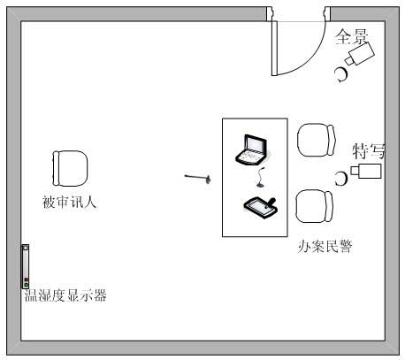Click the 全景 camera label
pyautogui.click(x=352, y=37)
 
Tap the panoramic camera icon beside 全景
pyautogui.click(x=360, y=54)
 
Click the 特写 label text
pyautogui.click(x=369, y=151)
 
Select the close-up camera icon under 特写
pyautogui.click(x=366, y=171)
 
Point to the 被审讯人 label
pyautogui.click(x=69, y=203)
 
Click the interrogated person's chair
pyautogui.click(x=70, y=169)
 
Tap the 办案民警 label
pyautogui.click(x=325, y=246)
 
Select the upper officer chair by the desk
pyautogui.click(x=317, y=140)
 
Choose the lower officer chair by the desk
pyautogui.click(x=315, y=206)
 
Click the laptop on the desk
pyautogui.click(x=251, y=149)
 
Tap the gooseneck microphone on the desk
pyautogui.click(x=261, y=178)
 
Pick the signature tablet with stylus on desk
pyautogui.click(x=260, y=208)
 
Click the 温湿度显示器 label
pyautogui.click(x=65, y=295)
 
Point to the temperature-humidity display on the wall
pyautogui.click(x=26, y=266)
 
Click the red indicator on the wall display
pyautogui.click(x=26, y=280)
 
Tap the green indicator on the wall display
pyautogui.click(x=26, y=285)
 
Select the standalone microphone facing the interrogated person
pyautogui.click(x=198, y=178)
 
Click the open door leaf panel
pyautogui.click(x=274, y=49)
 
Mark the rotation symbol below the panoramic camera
pyautogui.click(x=341, y=75)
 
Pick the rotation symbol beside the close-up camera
pyautogui.click(x=341, y=179)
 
